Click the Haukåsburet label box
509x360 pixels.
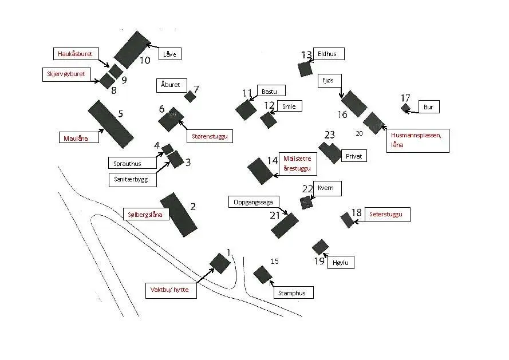pos(75,54)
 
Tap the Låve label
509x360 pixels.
pos(170,54)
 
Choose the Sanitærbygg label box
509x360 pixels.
pos(132,180)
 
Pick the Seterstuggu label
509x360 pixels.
pos(386,215)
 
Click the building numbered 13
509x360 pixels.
pos(305,69)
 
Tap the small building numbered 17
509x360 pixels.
pos(405,107)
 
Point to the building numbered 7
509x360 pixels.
pos(190,96)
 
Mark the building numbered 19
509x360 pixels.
pos(320,247)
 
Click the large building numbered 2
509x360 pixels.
pos(179,215)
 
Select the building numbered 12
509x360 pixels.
pos(268,120)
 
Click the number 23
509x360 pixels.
pos(329,136)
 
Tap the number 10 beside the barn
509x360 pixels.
pos(145,60)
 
